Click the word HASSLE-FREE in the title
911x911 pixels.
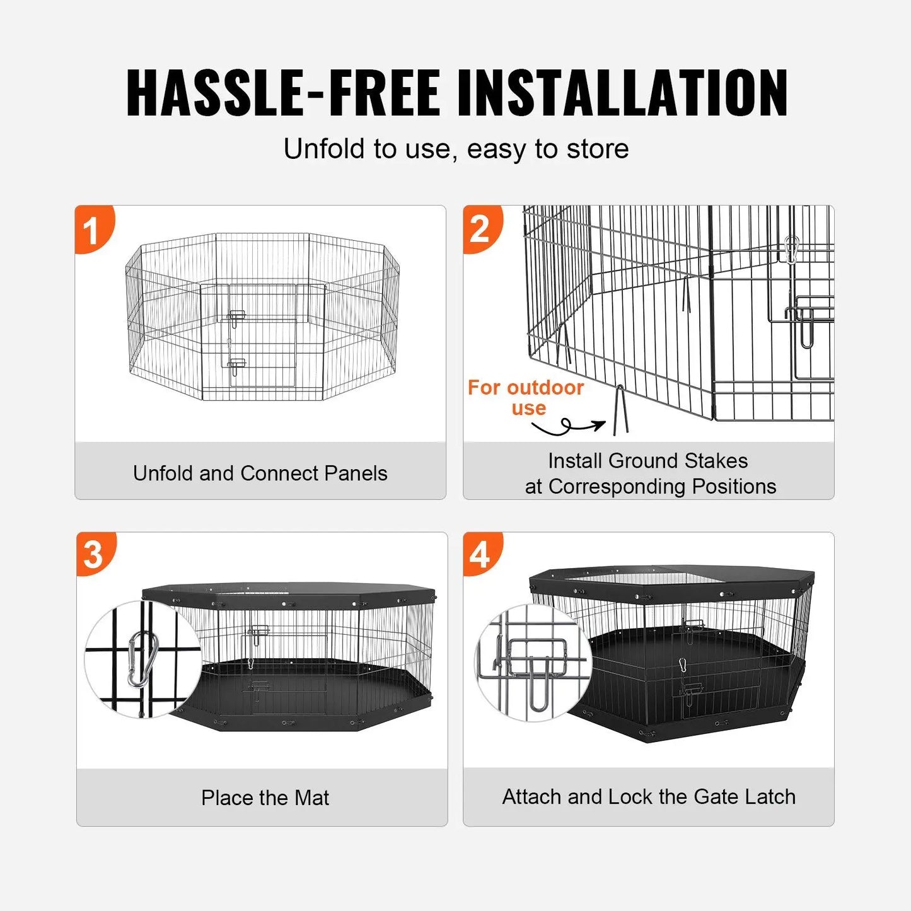pos(282,93)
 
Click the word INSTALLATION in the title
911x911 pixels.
pos(622,93)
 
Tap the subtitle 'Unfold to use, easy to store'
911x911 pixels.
pos(456,149)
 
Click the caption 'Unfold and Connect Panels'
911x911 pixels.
pos(260,473)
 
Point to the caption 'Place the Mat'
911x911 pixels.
pos(265,798)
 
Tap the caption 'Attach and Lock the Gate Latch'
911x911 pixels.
pos(649,796)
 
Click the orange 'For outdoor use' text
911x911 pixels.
pos(526,397)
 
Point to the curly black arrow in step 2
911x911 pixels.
pos(567,427)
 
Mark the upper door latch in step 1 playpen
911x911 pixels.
pos(236,316)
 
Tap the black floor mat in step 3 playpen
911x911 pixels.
pos(303,693)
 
